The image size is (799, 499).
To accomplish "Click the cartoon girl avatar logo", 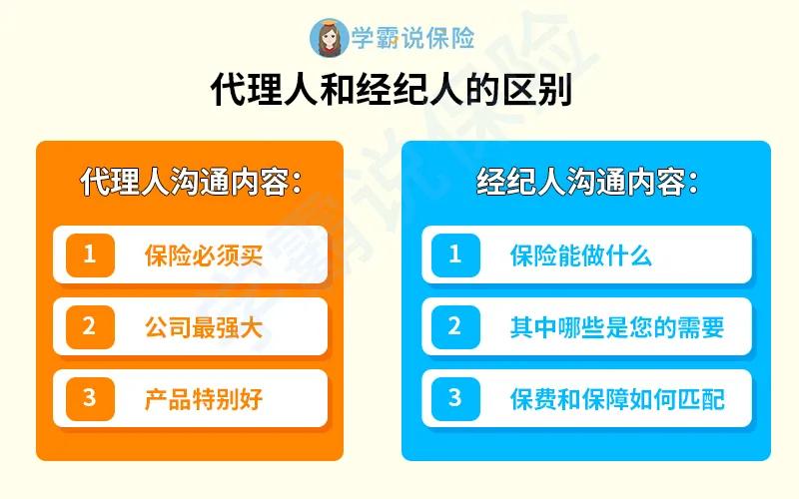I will point(329,37).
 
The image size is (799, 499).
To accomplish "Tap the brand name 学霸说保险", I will point(411,38).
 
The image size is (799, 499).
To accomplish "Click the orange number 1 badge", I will point(90,254).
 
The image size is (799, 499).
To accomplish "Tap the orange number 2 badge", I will point(90,326).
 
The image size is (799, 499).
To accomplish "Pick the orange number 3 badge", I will point(90,398).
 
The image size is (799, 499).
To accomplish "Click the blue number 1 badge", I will point(455,254).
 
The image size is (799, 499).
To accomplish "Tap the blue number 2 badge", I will point(455,326).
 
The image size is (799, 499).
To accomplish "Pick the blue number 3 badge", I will point(455,398).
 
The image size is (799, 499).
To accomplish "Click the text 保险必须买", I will point(203,255).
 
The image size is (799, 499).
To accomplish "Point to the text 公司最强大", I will point(203,327).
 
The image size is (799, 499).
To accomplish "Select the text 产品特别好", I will point(203,399).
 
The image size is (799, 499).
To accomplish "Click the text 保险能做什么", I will point(580,255).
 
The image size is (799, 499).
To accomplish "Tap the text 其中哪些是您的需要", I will point(616,327).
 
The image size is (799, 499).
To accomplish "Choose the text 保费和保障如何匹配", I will point(616,399).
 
